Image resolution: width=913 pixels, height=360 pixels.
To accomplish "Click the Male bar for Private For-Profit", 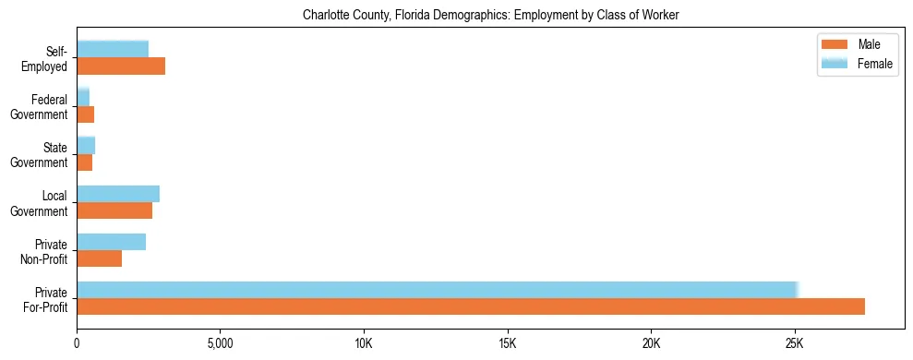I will pyautogui.click(x=471, y=306).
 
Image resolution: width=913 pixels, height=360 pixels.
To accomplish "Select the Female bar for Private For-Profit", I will pyautogui.click(x=438, y=290).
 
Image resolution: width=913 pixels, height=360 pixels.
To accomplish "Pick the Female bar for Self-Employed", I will pyautogui.click(x=113, y=49).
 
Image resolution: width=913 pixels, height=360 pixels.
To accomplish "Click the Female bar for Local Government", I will pyautogui.click(x=118, y=194).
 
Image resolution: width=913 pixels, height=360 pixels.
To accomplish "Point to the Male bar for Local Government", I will pyautogui.click(x=114, y=210).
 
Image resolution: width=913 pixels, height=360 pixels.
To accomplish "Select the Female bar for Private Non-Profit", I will pyautogui.click(x=111, y=242).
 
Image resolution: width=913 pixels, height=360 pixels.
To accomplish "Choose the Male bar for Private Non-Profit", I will pyautogui.click(x=99, y=258).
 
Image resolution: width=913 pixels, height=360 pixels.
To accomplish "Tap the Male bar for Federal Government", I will pyautogui.click(x=85, y=114).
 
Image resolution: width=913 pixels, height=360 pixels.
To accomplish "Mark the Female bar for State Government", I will pyautogui.click(x=86, y=146).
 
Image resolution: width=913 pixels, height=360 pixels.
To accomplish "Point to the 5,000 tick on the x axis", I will pyautogui.click(x=220, y=343).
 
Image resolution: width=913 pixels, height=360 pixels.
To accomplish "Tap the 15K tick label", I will pyautogui.click(x=508, y=343).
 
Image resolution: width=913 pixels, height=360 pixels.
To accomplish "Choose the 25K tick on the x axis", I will pyautogui.click(x=795, y=343).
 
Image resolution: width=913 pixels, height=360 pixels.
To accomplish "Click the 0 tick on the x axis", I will pyautogui.click(x=77, y=343).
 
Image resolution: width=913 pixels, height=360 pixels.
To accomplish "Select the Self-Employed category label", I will pyautogui.click(x=49, y=58).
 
